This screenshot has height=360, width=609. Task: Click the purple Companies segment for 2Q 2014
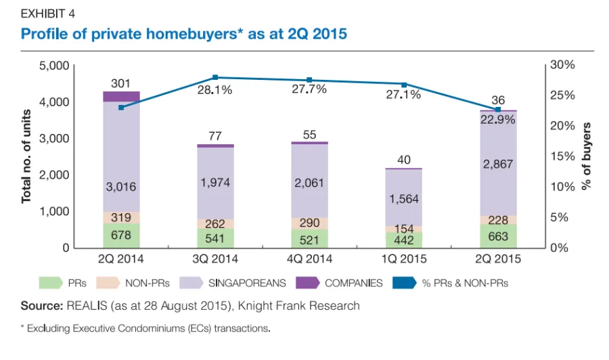121,96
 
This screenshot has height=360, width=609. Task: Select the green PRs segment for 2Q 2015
499,235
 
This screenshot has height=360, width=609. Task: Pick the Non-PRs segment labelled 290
310,223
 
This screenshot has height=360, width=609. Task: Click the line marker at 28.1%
215,77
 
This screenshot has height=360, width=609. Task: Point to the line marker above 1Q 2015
405,85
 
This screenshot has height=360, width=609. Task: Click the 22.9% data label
498,119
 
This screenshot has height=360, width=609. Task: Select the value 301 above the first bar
120,83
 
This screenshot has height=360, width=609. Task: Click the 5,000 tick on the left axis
55,66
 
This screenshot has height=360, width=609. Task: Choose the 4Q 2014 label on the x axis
309,258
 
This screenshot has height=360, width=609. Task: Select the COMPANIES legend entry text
353,284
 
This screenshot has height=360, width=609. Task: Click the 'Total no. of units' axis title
27,156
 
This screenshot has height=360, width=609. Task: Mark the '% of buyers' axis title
587,156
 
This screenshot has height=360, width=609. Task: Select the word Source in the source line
41,306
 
